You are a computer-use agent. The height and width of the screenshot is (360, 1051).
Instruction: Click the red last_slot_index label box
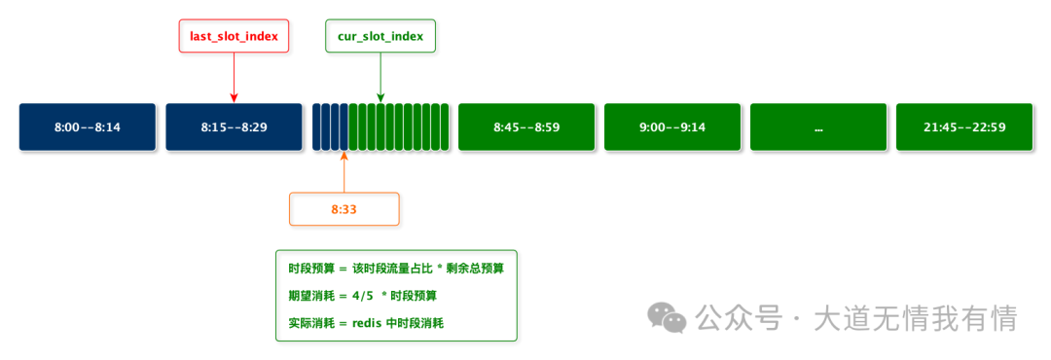pyautogui.click(x=235, y=37)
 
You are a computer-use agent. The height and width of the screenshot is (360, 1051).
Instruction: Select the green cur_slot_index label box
pyautogui.click(x=381, y=37)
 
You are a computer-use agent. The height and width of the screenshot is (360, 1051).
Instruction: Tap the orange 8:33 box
pyautogui.click(x=344, y=208)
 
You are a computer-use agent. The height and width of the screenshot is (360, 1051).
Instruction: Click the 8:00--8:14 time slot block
pyautogui.click(x=88, y=127)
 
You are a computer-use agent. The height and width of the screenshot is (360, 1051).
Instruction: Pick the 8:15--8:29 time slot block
pyautogui.click(x=235, y=127)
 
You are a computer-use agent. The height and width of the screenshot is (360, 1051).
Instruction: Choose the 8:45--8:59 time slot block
pyautogui.click(x=526, y=127)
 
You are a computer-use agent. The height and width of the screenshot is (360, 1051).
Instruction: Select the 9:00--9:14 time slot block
pyautogui.click(x=672, y=127)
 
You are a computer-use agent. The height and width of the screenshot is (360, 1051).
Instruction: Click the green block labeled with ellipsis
pyautogui.click(x=818, y=127)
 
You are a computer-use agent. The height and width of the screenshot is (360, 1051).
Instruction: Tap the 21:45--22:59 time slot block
pyautogui.click(x=964, y=127)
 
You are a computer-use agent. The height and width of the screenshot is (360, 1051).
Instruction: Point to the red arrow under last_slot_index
pyautogui.click(x=235, y=77)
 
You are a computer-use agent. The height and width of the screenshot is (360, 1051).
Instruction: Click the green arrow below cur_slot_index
pyautogui.click(x=381, y=77)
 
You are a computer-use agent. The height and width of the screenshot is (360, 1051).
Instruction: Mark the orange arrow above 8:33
pyautogui.click(x=344, y=171)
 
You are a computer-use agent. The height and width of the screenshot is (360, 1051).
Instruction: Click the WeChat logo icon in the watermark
pyautogui.click(x=669, y=317)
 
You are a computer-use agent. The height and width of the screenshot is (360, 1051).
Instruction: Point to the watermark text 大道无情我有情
pyautogui.click(x=915, y=317)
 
